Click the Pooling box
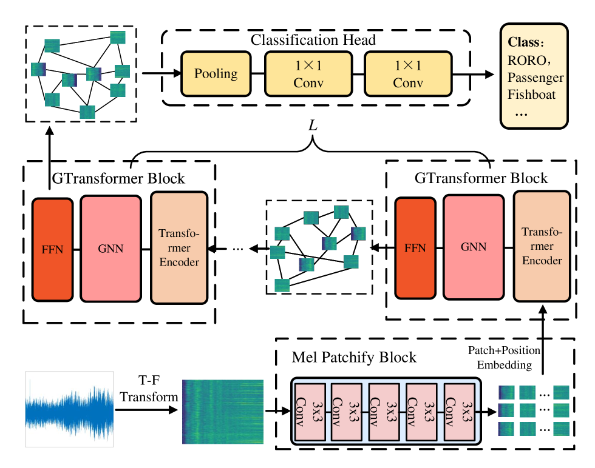pyautogui.click(x=216, y=74)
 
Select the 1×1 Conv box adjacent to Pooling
pyautogui.click(x=308, y=74)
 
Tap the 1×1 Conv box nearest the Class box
pyautogui.click(x=408, y=74)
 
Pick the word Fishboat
pyautogui.click(x=532, y=95)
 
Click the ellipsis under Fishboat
pyautogui.click(x=521, y=113)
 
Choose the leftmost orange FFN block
pyautogui.click(x=52, y=249)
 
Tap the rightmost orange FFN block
pyautogui.click(x=415, y=248)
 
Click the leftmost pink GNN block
pyautogui.click(x=110, y=249)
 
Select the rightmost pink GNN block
pyautogui.click(x=474, y=247)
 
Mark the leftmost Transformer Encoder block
pyautogui.click(x=179, y=247)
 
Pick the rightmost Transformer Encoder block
pyautogui.click(x=542, y=246)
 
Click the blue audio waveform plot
pyautogui.click(x=69, y=409)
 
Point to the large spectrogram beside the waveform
pyautogui.click(x=223, y=412)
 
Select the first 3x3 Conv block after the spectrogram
pyautogui.click(x=310, y=412)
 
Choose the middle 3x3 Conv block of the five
pyautogui.click(x=386, y=412)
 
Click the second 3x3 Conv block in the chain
pyautogui.click(x=348, y=412)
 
